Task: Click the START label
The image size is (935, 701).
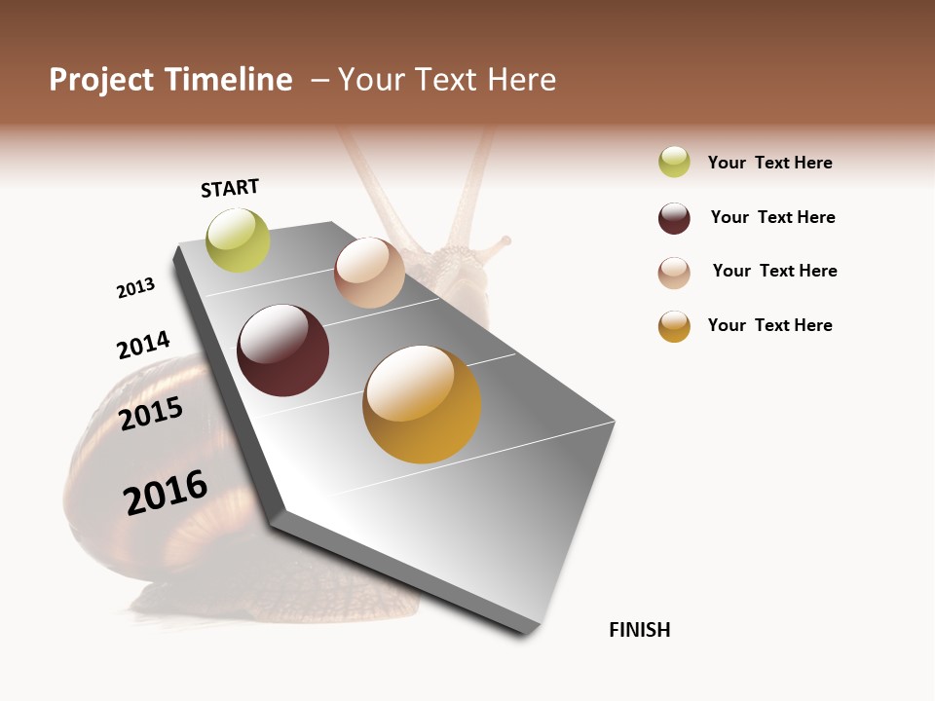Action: tap(230, 188)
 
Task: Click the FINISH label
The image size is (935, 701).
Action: tap(640, 630)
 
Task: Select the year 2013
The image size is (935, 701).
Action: tap(135, 288)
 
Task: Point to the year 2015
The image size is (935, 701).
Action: tap(151, 414)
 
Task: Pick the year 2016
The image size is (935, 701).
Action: tap(166, 492)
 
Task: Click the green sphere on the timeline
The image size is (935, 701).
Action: tap(238, 240)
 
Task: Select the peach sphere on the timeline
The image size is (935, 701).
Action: tap(369, 273)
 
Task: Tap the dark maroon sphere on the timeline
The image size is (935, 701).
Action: tap(283, 350)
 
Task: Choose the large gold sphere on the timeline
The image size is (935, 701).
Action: tap(422, 404)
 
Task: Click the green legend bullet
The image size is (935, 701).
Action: tap(674, 162)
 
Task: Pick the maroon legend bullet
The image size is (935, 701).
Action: tap(674, 218)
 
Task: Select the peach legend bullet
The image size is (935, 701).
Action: tap(674, 273)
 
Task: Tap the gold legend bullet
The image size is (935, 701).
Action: tap(674, 326)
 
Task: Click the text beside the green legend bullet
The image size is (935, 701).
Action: tap(769, 163)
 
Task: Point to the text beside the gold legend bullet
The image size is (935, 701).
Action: tap(769, 325)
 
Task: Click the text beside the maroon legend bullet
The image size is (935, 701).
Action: tap(772, 217)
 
